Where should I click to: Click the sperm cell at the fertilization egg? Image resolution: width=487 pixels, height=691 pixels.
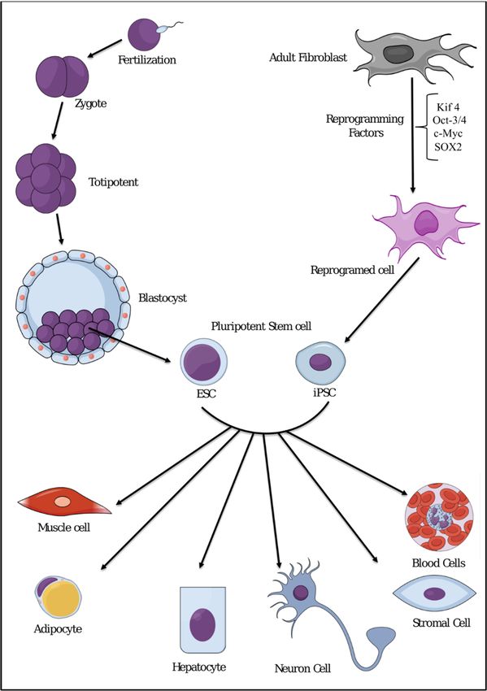pos(169,28)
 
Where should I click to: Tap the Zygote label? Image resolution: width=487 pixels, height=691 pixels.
pos(90,104)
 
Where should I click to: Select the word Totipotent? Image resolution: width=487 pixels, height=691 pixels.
pos(113,182)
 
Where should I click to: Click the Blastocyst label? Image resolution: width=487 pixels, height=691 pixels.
pos(163,298)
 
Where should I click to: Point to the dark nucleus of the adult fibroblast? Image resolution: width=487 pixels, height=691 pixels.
pos(398,54)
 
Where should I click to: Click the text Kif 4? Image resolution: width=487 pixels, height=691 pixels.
pos(448,107)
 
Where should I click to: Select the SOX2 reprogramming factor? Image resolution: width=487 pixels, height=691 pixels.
pos(448,148)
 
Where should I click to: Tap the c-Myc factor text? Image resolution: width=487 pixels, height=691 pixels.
pos(448,134)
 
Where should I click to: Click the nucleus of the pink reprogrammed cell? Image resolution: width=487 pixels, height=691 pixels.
pos(425,223)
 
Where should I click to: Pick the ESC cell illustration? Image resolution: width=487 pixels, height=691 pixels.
pos(203,363)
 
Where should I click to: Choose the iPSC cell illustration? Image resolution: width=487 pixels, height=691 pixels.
pos(320,363)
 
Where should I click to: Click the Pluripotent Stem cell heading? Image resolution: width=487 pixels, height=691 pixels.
pos(261,327)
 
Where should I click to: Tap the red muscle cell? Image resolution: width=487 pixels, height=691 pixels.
pos(64,502)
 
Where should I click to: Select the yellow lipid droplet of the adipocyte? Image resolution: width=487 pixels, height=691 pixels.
pos(60,599)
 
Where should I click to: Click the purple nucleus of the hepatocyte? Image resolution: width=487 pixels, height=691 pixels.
pos(202,624)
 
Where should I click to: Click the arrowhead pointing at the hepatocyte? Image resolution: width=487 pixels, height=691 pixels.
pos(202,564)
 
